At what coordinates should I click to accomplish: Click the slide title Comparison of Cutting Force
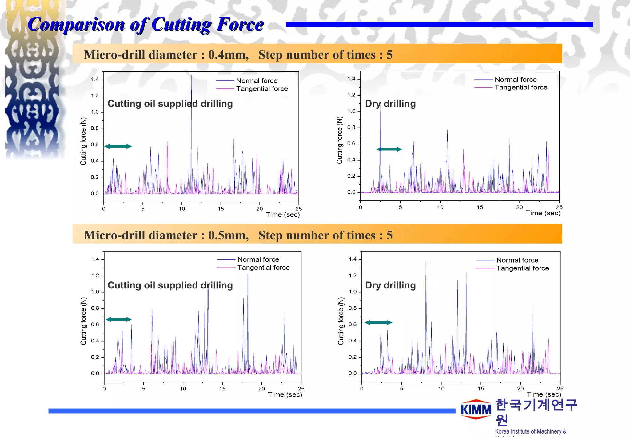(146, 24)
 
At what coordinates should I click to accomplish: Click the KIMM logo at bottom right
(476, 410)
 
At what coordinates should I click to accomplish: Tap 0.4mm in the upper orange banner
(228, 55)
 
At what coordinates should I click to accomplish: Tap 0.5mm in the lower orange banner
(228, 235)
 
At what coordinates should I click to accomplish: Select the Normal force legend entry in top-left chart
(257, 81)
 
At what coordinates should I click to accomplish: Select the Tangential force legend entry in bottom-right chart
(522, 268)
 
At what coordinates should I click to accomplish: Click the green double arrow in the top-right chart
(389, 149)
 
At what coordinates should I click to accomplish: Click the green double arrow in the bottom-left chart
(118, 320)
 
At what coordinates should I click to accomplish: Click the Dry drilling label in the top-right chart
(390, 104)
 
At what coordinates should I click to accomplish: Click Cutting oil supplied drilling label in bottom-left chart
(170, 285)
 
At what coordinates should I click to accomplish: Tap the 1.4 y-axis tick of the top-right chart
(351, 79)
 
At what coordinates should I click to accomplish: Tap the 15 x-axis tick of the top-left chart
(221, 209)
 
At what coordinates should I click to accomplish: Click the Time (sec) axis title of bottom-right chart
(544, 394)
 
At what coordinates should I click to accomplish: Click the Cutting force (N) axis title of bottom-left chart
(83, 321)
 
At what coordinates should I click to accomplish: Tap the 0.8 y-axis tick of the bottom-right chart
(353, 308)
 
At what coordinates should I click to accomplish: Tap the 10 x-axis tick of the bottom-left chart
(183, 389)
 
